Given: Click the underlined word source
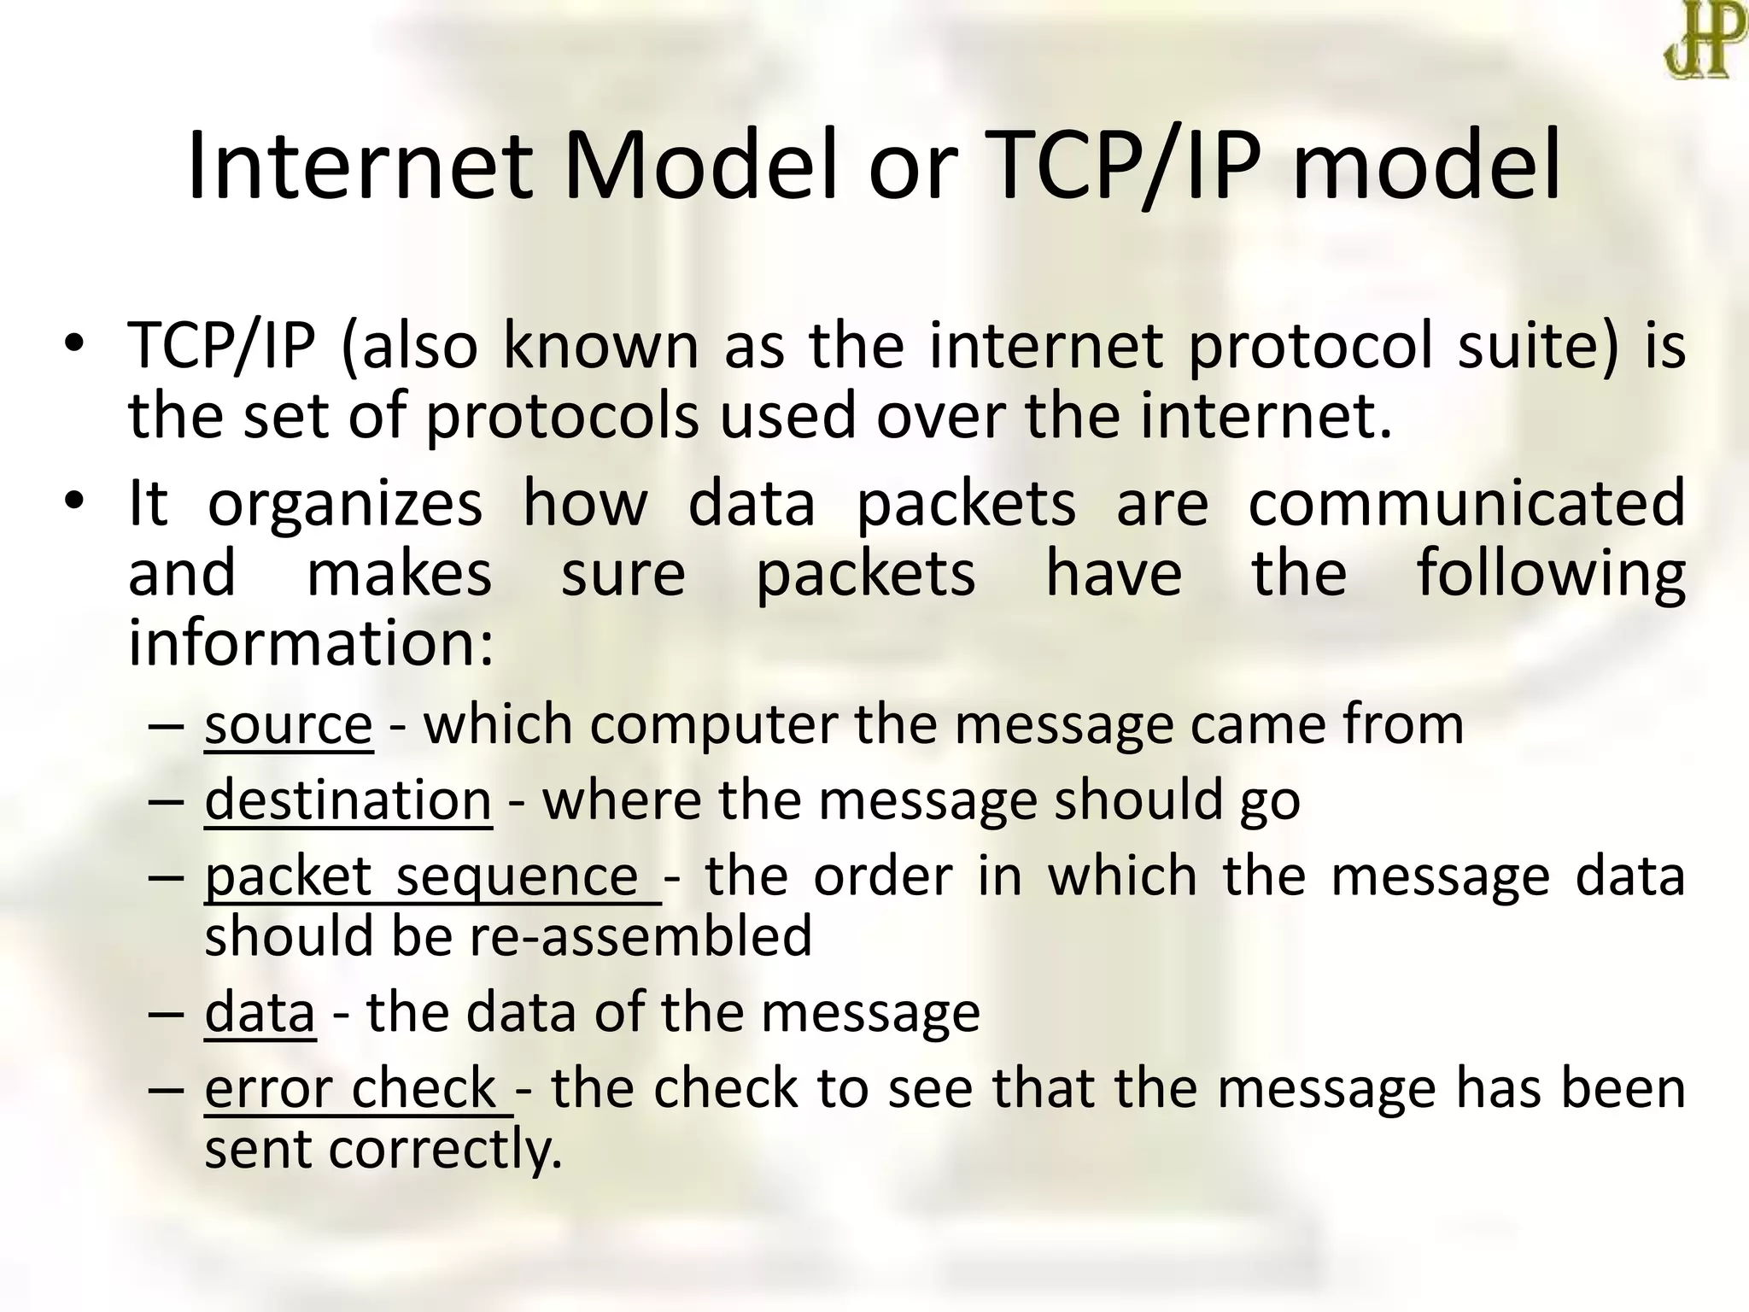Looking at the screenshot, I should (288, 725).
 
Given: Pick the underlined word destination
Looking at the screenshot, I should (348, 800).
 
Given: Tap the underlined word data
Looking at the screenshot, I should (260, 1012).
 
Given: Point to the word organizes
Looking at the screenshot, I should (345, 504).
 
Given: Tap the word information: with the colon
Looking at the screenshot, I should (311, 642).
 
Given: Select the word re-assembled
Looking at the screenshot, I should (640, 935).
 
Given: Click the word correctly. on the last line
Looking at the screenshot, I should (445, 1149).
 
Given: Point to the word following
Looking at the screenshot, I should (1550, 574).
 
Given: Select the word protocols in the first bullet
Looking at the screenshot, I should (562, 417).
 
